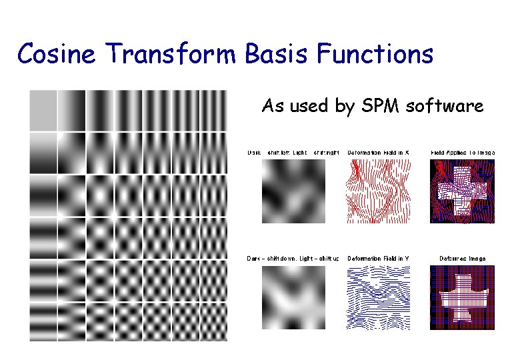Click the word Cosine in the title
click(56, 54)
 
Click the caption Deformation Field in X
click(378, 153)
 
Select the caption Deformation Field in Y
click(378, 259)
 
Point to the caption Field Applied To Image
click(463, 153)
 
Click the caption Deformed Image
click(463, 259)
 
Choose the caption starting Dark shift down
click(293, 259)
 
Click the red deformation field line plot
click(378, 191)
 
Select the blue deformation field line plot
click(378, 297)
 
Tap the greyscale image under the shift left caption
click(293, 191)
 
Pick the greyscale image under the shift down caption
click(293, 297)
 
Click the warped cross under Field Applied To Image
click(463, 191)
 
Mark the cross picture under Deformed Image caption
click(463, 297)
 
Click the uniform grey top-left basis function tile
click(43, 111)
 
